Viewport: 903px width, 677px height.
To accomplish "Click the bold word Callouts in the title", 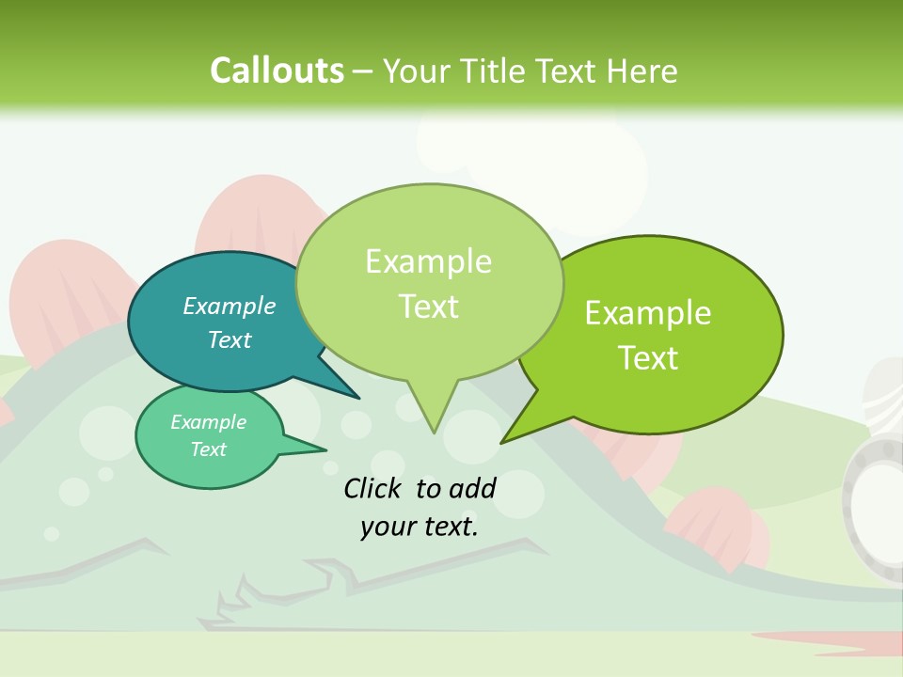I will tap(277, 71).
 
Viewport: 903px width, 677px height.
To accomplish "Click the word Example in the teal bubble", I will tap(229, 306).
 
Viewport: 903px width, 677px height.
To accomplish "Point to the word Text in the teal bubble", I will tap(229, 339).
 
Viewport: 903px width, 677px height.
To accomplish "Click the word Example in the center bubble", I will tap(428, 261).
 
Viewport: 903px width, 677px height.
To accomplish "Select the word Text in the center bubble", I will tap(428, 307).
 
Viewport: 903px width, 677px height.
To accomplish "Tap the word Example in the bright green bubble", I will tap(648, 313).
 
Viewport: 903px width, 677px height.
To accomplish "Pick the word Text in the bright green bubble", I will tap(648, 358).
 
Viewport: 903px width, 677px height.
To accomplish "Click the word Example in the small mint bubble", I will tap(208, 422).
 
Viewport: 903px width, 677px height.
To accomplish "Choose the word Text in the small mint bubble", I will tap(208, 449).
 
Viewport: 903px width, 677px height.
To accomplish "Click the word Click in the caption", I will tap(374, 488).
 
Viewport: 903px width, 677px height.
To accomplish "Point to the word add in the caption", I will tap(472, 488).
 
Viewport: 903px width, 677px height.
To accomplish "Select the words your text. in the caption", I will tap(419, 527).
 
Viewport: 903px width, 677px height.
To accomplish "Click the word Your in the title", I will tap(417, 71).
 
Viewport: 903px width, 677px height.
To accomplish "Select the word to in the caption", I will tap(428, 488).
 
